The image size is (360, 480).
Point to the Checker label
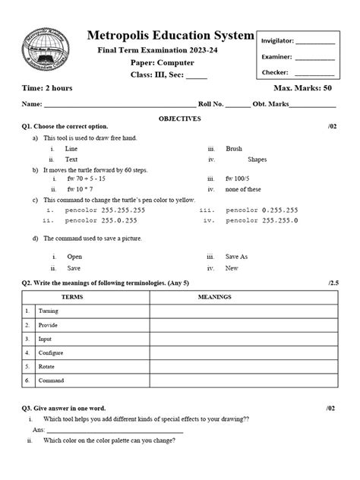point(274,73)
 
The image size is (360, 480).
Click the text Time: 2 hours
point(47,89)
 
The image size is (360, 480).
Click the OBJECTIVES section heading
point(179,118)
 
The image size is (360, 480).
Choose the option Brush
point(234,150)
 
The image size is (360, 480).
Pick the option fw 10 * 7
point(79,188)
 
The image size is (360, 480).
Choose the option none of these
point(243,188)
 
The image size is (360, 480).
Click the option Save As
point(237,257)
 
